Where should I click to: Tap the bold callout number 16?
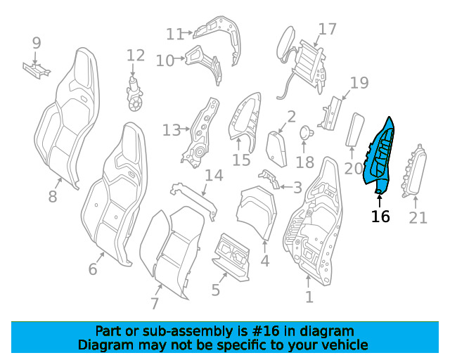[x=380, y=217]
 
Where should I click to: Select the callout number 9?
[x=37, y=43]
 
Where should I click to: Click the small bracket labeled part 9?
[x=37, y=70]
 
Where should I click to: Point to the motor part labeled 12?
[x=134, y=94]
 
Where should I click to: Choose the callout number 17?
[x=327, y=29]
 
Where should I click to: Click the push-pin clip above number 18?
[x=307, y=133]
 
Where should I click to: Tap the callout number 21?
[x=418, y=217]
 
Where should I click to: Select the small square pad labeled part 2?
[x=276, y=149]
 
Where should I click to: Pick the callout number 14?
[x=214, y=175]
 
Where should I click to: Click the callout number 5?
[x=216, y=290]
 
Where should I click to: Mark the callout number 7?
[x=155, y=303]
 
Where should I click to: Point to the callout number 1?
[x=309, y=297]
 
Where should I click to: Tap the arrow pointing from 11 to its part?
[x=188, y=33]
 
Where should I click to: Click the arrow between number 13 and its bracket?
[x=186, y=129]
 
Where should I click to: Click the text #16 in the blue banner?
[x=265, y=331]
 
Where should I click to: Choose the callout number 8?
[x=53, y=197]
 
